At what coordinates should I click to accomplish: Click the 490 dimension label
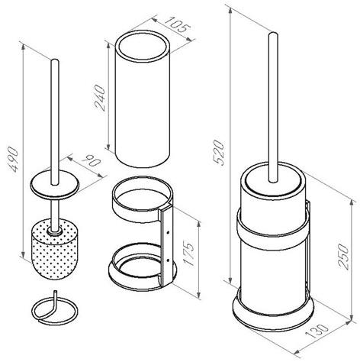[13, 160]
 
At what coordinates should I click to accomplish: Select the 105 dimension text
[177, 24]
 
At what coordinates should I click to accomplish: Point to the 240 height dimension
[99, 98]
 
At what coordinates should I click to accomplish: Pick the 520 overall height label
[219, 152]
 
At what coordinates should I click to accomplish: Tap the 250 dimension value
[343, 257]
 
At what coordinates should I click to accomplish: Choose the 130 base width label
[317, 331]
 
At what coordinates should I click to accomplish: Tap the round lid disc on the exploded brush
[55, 184]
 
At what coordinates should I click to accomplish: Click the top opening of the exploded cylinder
[143, 46]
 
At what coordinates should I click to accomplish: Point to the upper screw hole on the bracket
[168, 232]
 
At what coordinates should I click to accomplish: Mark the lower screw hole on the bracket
[168, 260]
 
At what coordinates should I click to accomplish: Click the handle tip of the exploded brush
[55, 60]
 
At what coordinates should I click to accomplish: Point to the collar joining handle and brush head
[55, 231]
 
